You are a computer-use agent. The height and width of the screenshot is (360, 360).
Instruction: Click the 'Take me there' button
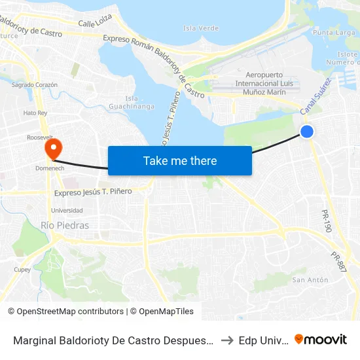point(180,160)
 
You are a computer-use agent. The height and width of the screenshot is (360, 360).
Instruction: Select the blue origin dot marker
point(307,132)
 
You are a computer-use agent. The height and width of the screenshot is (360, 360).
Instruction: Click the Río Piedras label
point(65,225)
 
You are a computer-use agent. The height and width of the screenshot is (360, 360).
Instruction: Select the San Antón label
point(310,280)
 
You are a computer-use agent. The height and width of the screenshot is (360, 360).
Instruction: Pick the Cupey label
point(22,269)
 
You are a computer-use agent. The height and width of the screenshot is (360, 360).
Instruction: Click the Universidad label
point(67,210)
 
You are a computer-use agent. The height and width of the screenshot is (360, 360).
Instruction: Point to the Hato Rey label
point(35,113)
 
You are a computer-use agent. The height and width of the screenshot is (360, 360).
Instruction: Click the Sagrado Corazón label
point(35,84)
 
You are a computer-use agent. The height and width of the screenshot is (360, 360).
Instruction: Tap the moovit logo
point(321,339)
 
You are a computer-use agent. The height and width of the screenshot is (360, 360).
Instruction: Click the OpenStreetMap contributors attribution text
point(65,312)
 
